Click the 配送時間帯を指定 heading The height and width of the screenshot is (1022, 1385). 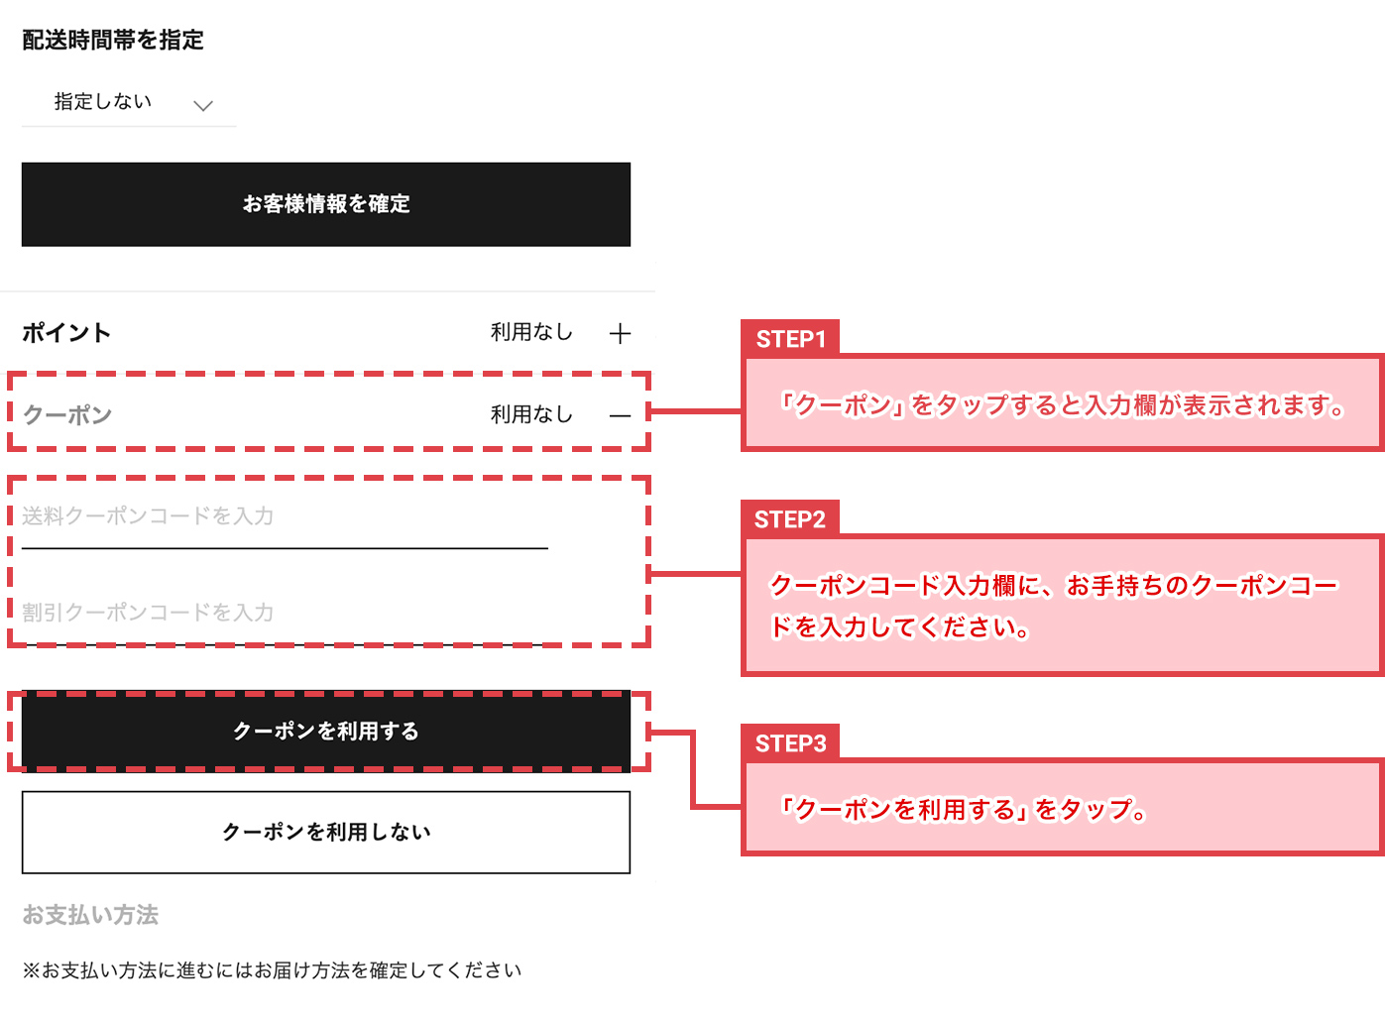113,40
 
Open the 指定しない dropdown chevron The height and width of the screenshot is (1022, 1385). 203,105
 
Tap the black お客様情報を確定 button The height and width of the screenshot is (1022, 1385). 326,204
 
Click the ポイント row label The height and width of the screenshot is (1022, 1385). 66,333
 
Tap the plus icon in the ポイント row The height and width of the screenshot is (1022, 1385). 620,334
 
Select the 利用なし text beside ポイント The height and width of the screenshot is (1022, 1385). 531,332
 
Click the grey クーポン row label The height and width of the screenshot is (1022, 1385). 67,414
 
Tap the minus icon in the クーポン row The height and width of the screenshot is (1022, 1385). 620,416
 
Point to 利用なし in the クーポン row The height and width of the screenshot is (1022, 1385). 531,414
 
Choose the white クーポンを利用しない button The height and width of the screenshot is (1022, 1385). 326,832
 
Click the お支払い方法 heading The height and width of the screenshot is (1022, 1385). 90,915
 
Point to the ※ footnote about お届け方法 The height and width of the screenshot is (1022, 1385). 272,970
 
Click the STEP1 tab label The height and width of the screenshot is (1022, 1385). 790,339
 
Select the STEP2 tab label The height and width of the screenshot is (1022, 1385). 790,519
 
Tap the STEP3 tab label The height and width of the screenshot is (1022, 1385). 790,743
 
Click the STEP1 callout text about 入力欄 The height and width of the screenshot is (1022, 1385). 1062,405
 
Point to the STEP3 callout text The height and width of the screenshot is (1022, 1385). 963,810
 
